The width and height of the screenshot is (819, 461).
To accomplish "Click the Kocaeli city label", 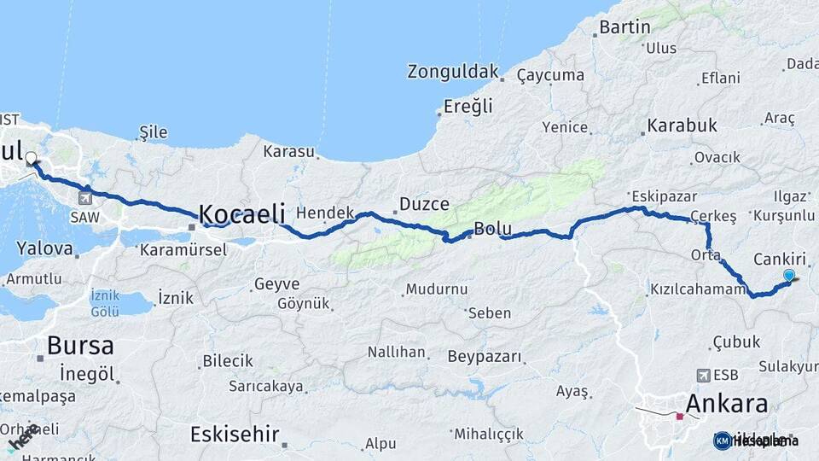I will pos(242,214).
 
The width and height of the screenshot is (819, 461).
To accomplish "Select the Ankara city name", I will pos(727,403).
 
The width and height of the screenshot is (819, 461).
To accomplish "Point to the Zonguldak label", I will pos(452,72).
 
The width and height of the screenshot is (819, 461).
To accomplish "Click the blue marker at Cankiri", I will pos(789,275).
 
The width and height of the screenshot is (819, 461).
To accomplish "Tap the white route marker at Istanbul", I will pos(32,158).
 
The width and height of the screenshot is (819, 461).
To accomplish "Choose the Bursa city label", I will pos(80,346).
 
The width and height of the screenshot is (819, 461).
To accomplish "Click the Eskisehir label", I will pos(235,434).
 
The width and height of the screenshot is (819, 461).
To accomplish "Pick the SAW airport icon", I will pos(84,198).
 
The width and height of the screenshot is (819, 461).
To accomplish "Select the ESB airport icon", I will pos(704,375).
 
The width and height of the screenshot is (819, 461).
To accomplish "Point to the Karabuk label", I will pos(682,126).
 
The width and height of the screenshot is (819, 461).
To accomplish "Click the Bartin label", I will pos(624,27).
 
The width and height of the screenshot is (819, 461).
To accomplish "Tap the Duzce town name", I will pos(419,206).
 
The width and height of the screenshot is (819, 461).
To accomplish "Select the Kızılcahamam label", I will pos(698,290).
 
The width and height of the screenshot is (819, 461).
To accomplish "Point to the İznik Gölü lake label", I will pos(105,302).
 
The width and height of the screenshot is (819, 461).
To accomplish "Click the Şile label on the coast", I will pos(153,132).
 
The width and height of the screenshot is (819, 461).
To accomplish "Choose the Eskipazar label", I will pos(658,195).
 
